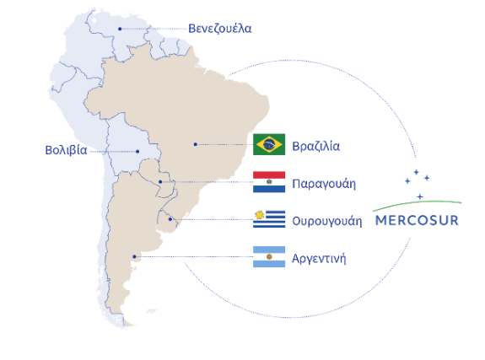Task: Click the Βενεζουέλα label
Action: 220,28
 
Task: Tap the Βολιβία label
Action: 66,151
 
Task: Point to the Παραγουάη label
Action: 324,182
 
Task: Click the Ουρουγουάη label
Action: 327,221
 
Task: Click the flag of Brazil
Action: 269,144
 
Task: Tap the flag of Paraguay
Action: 269,181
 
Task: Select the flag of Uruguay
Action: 269,219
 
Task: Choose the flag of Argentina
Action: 269,257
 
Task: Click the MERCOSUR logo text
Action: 417,223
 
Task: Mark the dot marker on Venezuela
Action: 121,29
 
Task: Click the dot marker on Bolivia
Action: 137,152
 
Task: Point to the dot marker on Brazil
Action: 195,144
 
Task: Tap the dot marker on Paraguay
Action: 160,181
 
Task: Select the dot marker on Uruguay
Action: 170,219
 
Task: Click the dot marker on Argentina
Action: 134,257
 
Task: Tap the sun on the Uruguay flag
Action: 259,214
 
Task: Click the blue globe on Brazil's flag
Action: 269,144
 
